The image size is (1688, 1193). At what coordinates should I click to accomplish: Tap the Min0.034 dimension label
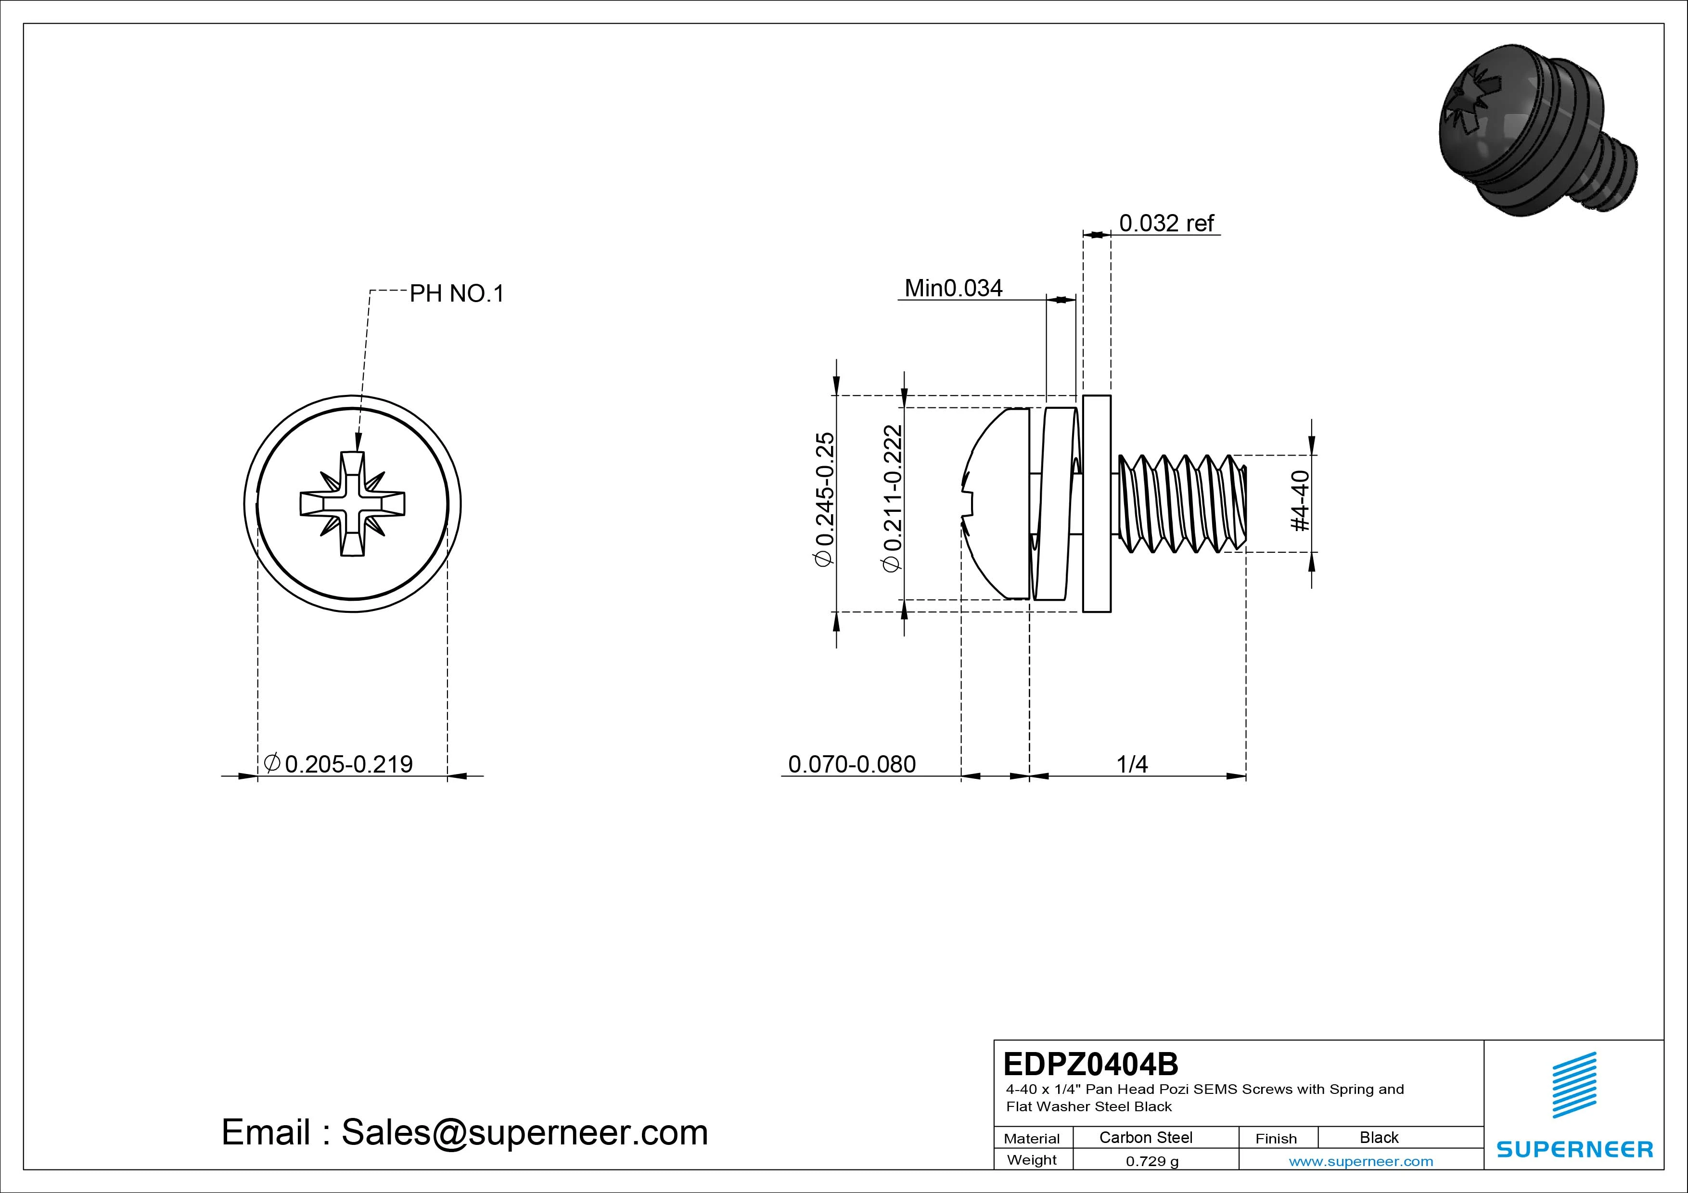click(x=953, y=288)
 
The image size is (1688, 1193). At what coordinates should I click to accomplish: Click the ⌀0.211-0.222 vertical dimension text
click(x=892, y=499)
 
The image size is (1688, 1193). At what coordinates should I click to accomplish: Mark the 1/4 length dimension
click(x=1132, y=764)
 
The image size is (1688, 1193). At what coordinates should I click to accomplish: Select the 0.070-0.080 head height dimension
click(x=851, y=764)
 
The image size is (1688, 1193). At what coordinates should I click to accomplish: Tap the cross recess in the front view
click(x=353, y=504)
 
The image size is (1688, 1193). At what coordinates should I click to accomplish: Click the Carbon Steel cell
click(x=1145, y=1138)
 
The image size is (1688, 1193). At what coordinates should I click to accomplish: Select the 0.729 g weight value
click(x=1152, y=1161)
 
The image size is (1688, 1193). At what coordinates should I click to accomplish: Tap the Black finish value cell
click(x=1379, y=1138)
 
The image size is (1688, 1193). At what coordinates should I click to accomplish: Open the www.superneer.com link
click(x=1361, y=1161)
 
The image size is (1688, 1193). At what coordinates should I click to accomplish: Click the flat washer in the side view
click(x=1097, y=504)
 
